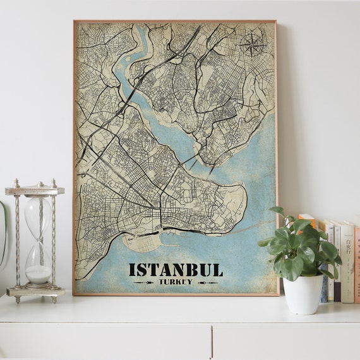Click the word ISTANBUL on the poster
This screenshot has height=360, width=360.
pos(176,270)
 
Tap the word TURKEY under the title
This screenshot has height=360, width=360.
pos(176,282)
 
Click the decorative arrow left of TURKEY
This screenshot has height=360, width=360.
pos(145,282)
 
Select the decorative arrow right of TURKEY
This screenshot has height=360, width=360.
pos(207,282)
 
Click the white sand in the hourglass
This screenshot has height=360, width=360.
pos(39,274)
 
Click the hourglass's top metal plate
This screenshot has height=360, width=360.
pos(35,190)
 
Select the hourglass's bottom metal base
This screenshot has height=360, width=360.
pos(36,291)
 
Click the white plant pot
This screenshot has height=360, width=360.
pos(303,294)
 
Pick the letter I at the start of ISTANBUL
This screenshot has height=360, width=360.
pos(131,270)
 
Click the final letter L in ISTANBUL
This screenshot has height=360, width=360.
pos(218,270)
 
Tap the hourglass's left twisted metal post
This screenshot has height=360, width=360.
pos(17,240)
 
